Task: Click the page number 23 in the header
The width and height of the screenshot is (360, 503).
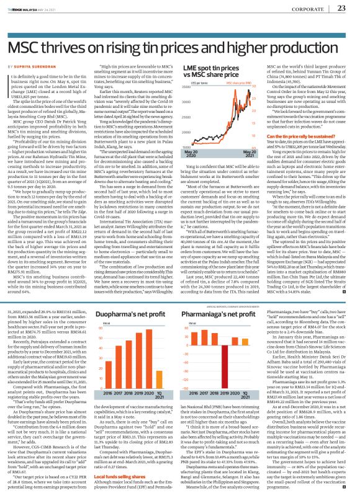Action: click(341, 8)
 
